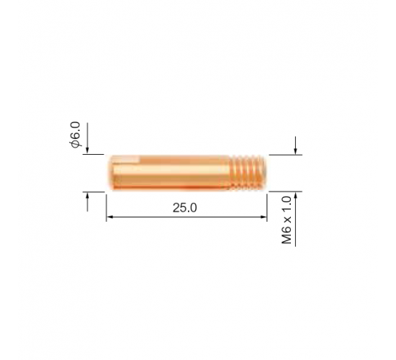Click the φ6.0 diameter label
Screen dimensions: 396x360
pyautogui.click(x=76, y=135)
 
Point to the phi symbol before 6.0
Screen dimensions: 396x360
pyautogui.click(x=76, y=144)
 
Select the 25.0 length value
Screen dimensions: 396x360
pyautogui.click(x=184, y=208)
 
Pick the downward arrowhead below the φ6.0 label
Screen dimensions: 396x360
pyautogui.click(x=87, y=150)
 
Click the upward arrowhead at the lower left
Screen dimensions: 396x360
pyautogui.click(x=87, y=195)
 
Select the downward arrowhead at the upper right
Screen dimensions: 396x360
pyautogui.click(x=295, y=151)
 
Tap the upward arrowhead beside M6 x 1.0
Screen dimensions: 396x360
pyautogui.click(x=295, y=195)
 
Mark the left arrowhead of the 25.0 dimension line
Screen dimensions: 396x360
pyautogui.click(x=110, y=217)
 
